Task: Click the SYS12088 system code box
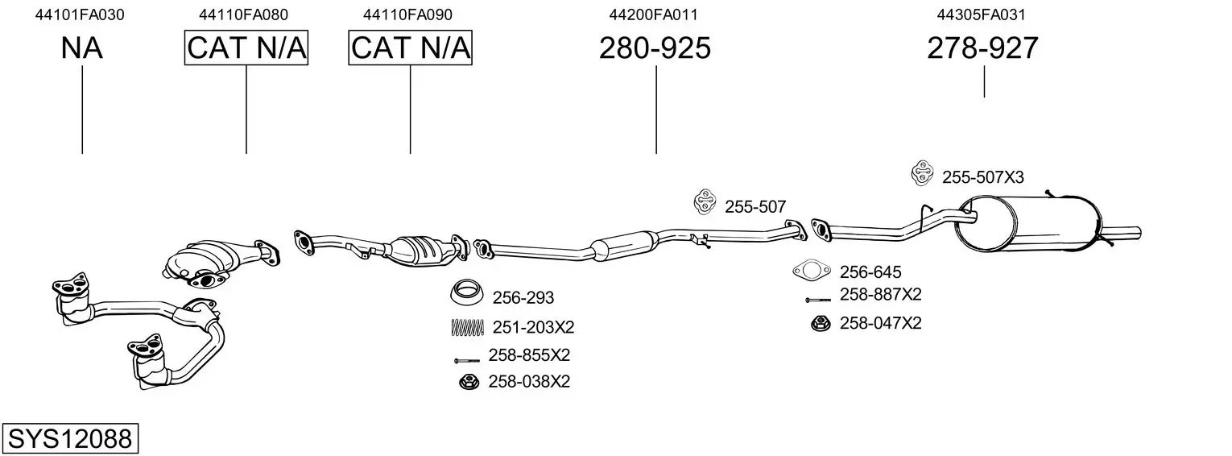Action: click(x=70, y=438)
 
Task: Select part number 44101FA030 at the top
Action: click(x=80, y=15)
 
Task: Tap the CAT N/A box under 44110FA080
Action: click(x=246, y=48)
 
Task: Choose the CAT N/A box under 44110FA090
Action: click(x=411, y=48)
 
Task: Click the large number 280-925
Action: click(x=655, y=48)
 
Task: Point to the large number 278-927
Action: click(x=983, y=48)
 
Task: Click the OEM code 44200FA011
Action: click(x=653, y=15)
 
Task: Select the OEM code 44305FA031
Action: click(x=982, y=15)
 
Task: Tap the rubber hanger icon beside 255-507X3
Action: click(x=922, y=173)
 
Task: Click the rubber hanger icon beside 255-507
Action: click(x=705, y=202)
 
